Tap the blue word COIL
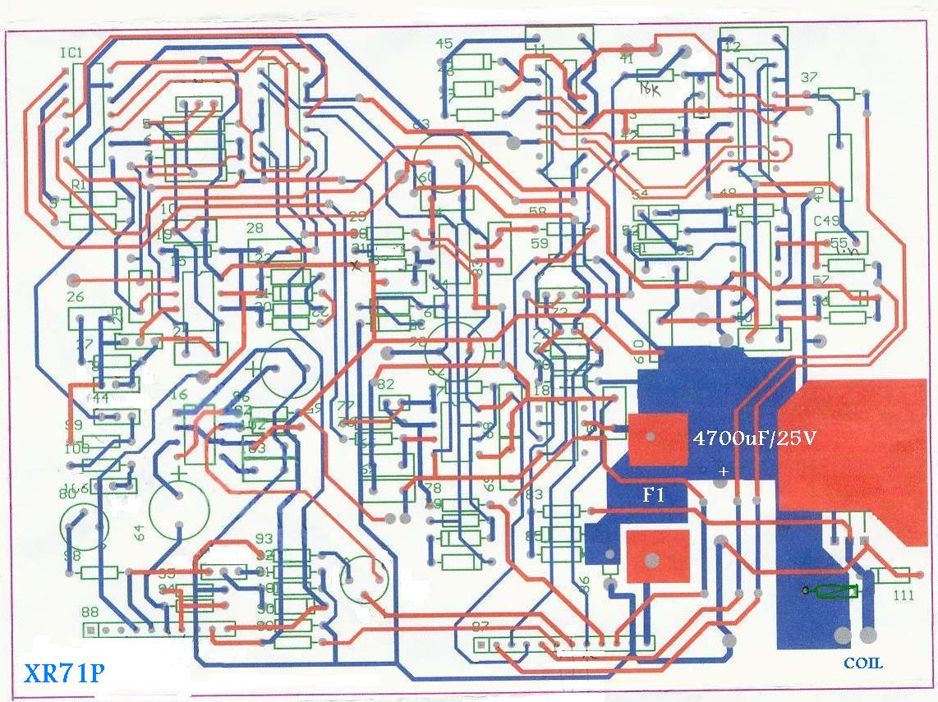863,663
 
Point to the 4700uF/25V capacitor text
755,438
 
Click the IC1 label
71,53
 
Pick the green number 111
903,595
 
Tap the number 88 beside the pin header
90,612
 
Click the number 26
76,297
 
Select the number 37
809,77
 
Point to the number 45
444,44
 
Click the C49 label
826,222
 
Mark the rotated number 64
139,532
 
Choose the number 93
264,539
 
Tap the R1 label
80,186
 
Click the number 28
255,228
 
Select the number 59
539,243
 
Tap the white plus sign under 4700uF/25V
723,472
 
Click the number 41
627,58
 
